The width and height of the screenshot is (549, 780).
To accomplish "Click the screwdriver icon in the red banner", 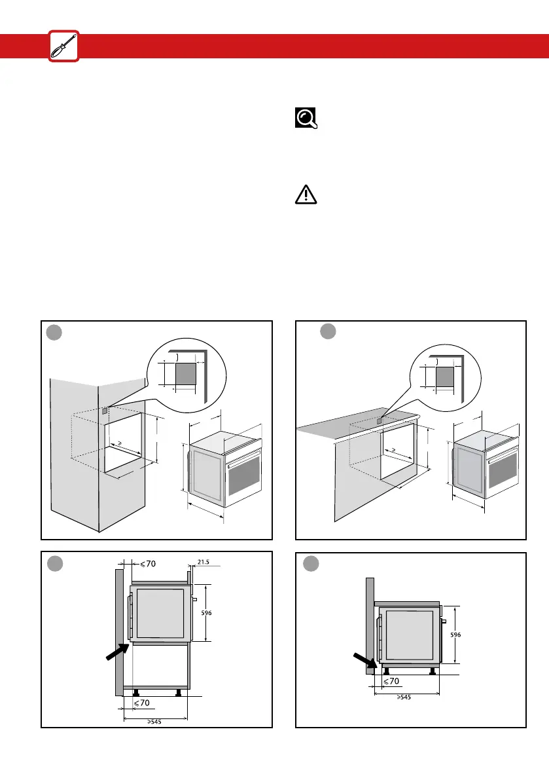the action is pyautogui.click(x=63, y=46).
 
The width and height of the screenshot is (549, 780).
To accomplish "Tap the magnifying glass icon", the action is pyautogui.click(x=306, y=117).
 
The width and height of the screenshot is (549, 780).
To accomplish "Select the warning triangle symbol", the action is pyautogui.click(x=306, y=195).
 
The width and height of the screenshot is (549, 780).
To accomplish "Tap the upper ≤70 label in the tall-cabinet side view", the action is pyautogui.click(x=147, y=562).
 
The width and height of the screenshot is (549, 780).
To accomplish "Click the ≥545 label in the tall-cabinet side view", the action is pyautogui.click(x=155, y=722).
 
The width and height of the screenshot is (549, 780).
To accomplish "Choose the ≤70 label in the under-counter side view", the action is pyautogui.click(x=391, y=681).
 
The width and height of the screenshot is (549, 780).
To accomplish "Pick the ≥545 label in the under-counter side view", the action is pyautogui.click(x=406, y=697).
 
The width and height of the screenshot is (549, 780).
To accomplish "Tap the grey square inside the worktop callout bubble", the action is pyautogui.click(x=445, y=377).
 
